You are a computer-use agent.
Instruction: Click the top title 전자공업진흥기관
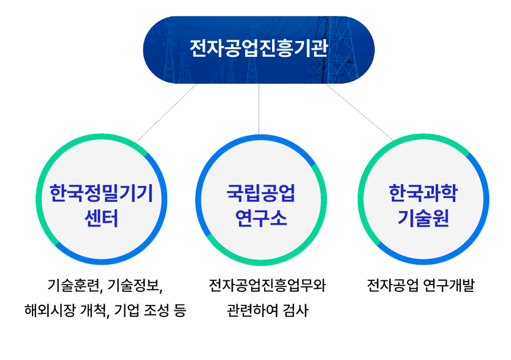point(258,48)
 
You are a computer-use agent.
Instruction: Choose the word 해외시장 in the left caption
point(46,310)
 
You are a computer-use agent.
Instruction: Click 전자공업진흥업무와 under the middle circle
point(267,286)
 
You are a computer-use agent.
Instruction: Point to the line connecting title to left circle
point(165,114)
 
